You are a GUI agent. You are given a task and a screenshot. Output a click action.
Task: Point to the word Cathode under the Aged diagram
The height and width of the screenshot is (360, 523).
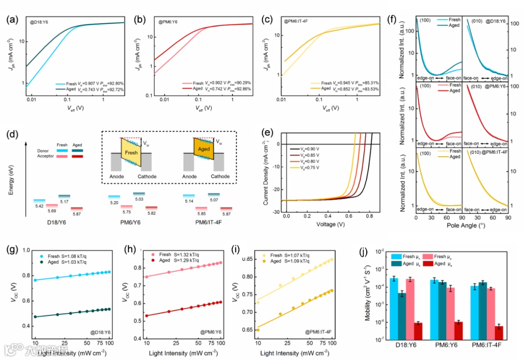pos(220,177)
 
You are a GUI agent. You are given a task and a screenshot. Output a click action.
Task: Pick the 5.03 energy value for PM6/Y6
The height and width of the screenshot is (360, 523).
pos(139,199)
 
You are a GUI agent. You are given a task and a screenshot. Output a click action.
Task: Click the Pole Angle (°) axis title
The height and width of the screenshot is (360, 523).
pos(461,226)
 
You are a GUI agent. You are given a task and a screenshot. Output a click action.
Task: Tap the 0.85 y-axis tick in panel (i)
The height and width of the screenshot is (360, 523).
pos(248,259)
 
